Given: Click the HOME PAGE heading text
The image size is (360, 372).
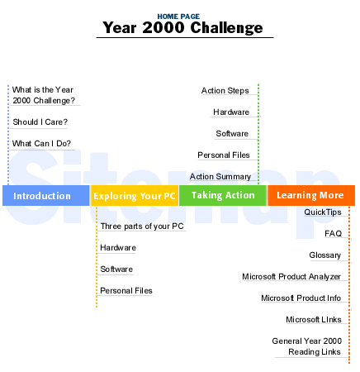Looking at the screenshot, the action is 178,17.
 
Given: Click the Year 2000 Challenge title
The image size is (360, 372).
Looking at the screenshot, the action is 182,27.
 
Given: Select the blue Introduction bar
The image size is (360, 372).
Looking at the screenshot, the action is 46,195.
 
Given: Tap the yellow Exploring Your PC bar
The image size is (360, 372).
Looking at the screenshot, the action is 135,195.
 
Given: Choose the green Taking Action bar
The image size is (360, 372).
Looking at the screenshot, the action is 223,195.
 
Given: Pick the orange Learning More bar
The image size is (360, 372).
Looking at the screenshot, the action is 311,195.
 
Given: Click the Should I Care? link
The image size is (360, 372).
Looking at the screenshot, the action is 40,122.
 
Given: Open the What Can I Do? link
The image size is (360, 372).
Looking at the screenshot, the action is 41,143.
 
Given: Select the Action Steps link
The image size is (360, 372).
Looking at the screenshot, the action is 225,90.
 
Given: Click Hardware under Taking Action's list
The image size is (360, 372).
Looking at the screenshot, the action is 231,112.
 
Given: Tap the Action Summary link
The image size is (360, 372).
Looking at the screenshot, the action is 220,176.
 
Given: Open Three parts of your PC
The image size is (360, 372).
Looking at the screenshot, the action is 142,227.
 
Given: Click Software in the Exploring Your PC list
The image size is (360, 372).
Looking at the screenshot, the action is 116,269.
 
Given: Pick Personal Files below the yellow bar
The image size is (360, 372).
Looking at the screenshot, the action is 126,290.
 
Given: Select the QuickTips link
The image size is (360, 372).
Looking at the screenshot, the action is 323,212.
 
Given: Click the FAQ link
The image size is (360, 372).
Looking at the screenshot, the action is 334,233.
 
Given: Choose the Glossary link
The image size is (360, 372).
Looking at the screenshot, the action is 325,255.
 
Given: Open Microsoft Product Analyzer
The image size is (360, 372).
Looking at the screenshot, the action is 291,276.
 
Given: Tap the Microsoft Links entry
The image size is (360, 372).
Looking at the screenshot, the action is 314,319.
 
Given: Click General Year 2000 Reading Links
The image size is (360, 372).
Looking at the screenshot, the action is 307,346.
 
